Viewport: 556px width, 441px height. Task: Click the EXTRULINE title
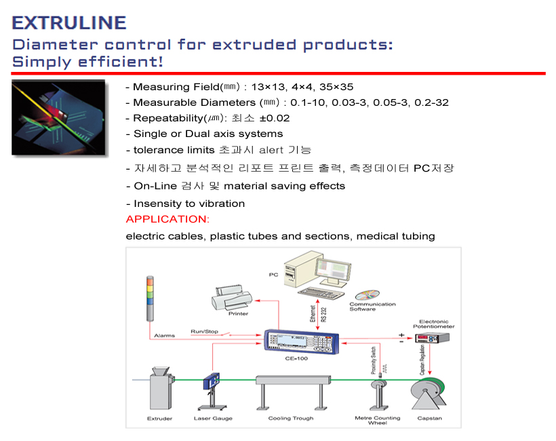tap(69, 22)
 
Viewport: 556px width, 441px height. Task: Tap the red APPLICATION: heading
tap(167, 219)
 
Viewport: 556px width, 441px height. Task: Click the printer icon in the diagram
tap(232, 298)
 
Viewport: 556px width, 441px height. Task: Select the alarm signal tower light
tap(150, 299)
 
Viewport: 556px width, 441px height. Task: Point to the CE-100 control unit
tap(302, 341)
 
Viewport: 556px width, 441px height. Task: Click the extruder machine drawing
tap(161, 389)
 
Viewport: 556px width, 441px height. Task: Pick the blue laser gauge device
tap(212, 391)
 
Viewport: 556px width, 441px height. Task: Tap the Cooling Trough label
tap(291, 419)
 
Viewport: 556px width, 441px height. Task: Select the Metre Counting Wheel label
tap(378, 421)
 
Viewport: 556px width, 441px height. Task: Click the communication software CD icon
tap(368, 295)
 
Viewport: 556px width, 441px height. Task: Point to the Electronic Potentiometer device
tap(432, 338)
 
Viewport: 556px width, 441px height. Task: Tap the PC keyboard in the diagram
tap(321, 293)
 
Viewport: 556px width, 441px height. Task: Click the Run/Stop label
tap(204, 331)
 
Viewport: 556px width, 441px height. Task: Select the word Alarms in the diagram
tap(165, 335)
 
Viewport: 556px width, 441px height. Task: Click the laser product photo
tap(58, 117)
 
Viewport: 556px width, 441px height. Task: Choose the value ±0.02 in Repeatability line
tap(275, 118)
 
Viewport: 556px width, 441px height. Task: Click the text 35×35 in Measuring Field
tap(336, 87)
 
